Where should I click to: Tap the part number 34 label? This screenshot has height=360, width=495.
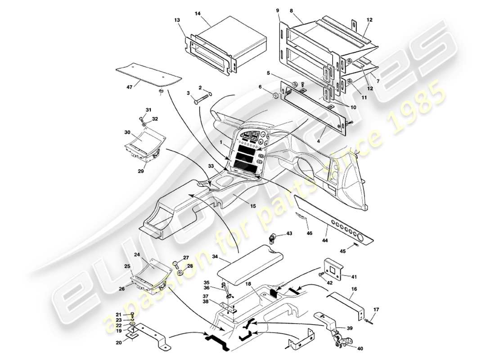click(x=215, y=256)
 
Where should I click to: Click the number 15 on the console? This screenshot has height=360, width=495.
click(x=253, y=206)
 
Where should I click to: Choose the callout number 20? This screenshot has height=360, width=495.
click(x=119, y=342)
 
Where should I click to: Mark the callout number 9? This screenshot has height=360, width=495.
click(x=278, y=10)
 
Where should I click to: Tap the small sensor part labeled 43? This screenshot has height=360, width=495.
click(x=273, y=237)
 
